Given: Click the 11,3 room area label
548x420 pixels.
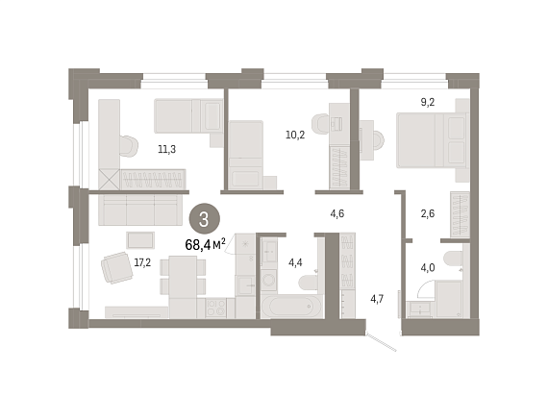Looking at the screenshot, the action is tap(166, 150).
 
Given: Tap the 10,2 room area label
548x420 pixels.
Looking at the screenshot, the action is tap(295, 135).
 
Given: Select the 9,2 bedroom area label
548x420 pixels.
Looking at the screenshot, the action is tap(428, 103).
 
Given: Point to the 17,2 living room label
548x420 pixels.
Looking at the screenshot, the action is tap(142, 262).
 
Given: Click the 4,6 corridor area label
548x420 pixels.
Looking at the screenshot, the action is tap(337, 213).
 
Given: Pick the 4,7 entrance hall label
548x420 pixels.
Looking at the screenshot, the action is tap(377, 299).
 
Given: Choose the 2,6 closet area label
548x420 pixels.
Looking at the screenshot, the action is tap(428, 213).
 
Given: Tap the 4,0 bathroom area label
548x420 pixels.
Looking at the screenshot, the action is tap(428, 268).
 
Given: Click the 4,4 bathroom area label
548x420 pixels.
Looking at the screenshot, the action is tap(295, 262).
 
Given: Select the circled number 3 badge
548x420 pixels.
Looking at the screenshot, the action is tap(204, 219).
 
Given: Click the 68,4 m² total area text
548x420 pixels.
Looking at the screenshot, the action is tap(205, 244).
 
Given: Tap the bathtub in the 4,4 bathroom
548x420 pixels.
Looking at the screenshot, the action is tap(292, 306).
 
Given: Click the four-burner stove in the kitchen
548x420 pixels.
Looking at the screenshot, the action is tap(215, 308).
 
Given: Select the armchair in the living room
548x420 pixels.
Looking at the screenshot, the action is tap(117, 267).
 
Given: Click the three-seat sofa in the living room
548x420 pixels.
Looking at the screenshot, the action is tap(140, 210).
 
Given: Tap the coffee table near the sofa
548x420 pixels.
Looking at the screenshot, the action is tap(140, 240).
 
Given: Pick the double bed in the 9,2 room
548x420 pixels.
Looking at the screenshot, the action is tap(433, 140).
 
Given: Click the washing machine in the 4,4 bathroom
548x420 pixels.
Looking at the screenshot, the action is tap(269, 280).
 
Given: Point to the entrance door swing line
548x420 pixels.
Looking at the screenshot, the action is tap(381, 341).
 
